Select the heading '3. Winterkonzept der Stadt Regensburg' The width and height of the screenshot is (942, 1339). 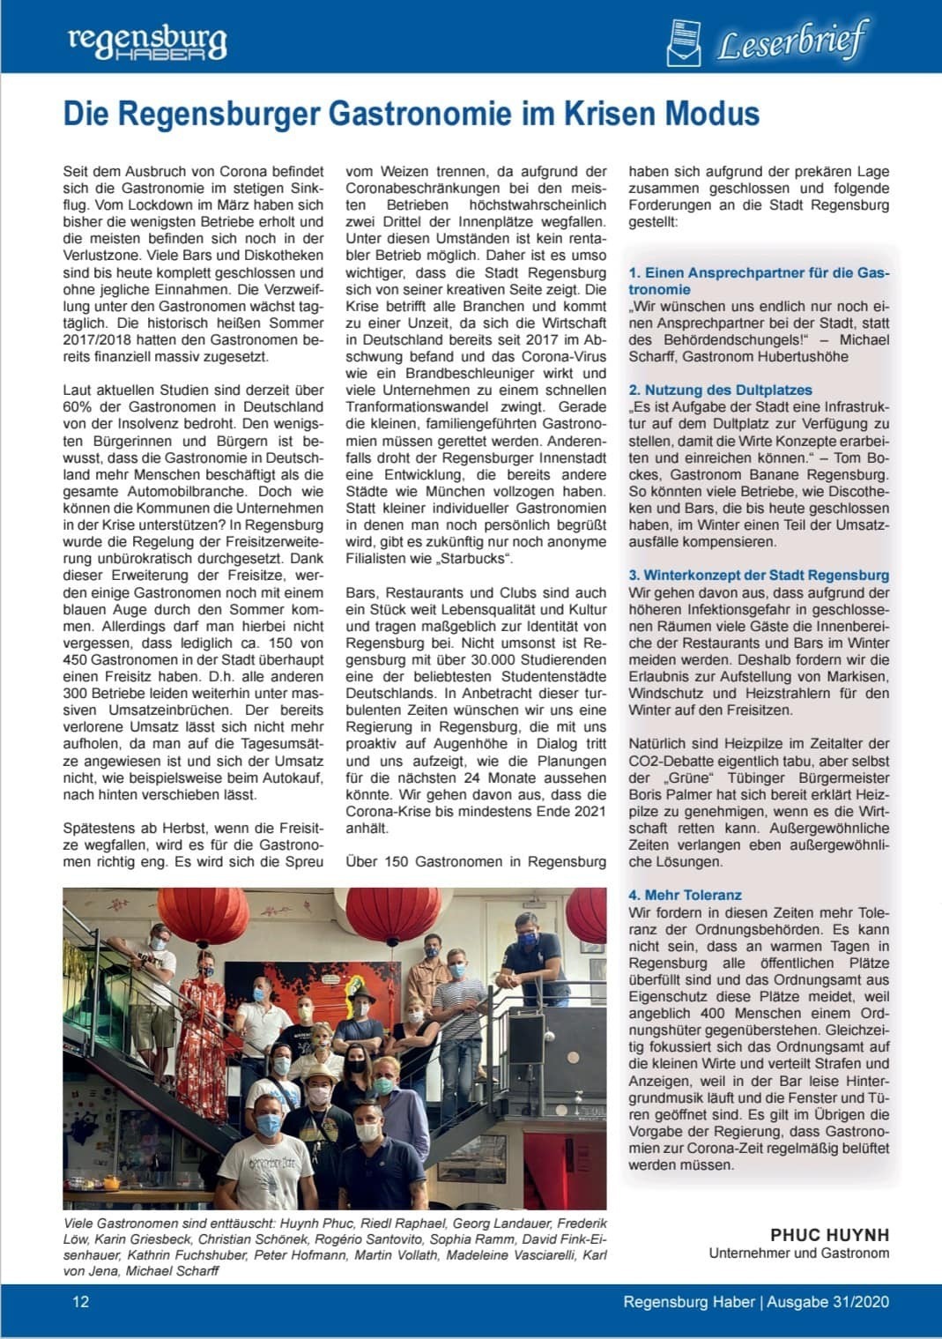click(x=759, y=575)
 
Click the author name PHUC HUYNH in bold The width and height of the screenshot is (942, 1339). click(x=829, y=1235)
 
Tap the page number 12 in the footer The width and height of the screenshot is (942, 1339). click(x=80, y=1301)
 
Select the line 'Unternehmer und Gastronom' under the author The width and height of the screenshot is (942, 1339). click(x=798, y=1253)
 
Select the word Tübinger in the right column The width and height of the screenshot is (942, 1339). click(x=724, y=777)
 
